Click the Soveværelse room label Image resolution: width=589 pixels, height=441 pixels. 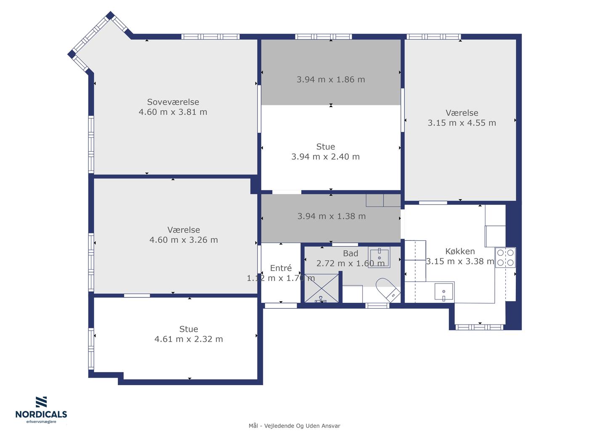(x=173, y=102)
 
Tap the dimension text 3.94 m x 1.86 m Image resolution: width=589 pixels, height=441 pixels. (x=331, y=79)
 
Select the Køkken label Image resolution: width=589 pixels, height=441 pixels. (x=460, y=251)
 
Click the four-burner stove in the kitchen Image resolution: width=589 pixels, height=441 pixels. (x=505, y=257)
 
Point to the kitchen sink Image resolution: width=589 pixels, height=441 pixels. (x=444, y=291)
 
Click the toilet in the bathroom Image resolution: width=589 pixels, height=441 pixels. (x=388, y=290)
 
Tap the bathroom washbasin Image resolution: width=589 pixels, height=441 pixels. (x=379, y=257)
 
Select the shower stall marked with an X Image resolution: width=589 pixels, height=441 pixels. (x=321, y=289)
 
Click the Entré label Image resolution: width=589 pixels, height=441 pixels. (x=281, y=268)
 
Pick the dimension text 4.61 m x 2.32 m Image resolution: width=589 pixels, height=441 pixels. (x=188, y=339)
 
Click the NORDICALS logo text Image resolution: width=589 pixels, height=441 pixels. (x=41, y=415)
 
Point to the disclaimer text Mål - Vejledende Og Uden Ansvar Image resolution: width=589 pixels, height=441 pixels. (x=294, y=426)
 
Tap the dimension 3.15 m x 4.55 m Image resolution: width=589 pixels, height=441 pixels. (x=462, y=123)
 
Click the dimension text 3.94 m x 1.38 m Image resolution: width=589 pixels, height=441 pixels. (x=332, y=216)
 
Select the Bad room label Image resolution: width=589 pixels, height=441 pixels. (x=350, y=253)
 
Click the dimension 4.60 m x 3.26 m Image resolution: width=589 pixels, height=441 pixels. (x=183, y=240)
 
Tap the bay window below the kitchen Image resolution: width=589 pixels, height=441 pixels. (x=479, y=327)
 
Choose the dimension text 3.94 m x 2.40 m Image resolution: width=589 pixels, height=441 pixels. (x=326, y=157)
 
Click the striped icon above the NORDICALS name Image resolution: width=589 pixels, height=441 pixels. (x=41, y=402)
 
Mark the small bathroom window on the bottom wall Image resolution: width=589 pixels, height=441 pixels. (x=377, y=305)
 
